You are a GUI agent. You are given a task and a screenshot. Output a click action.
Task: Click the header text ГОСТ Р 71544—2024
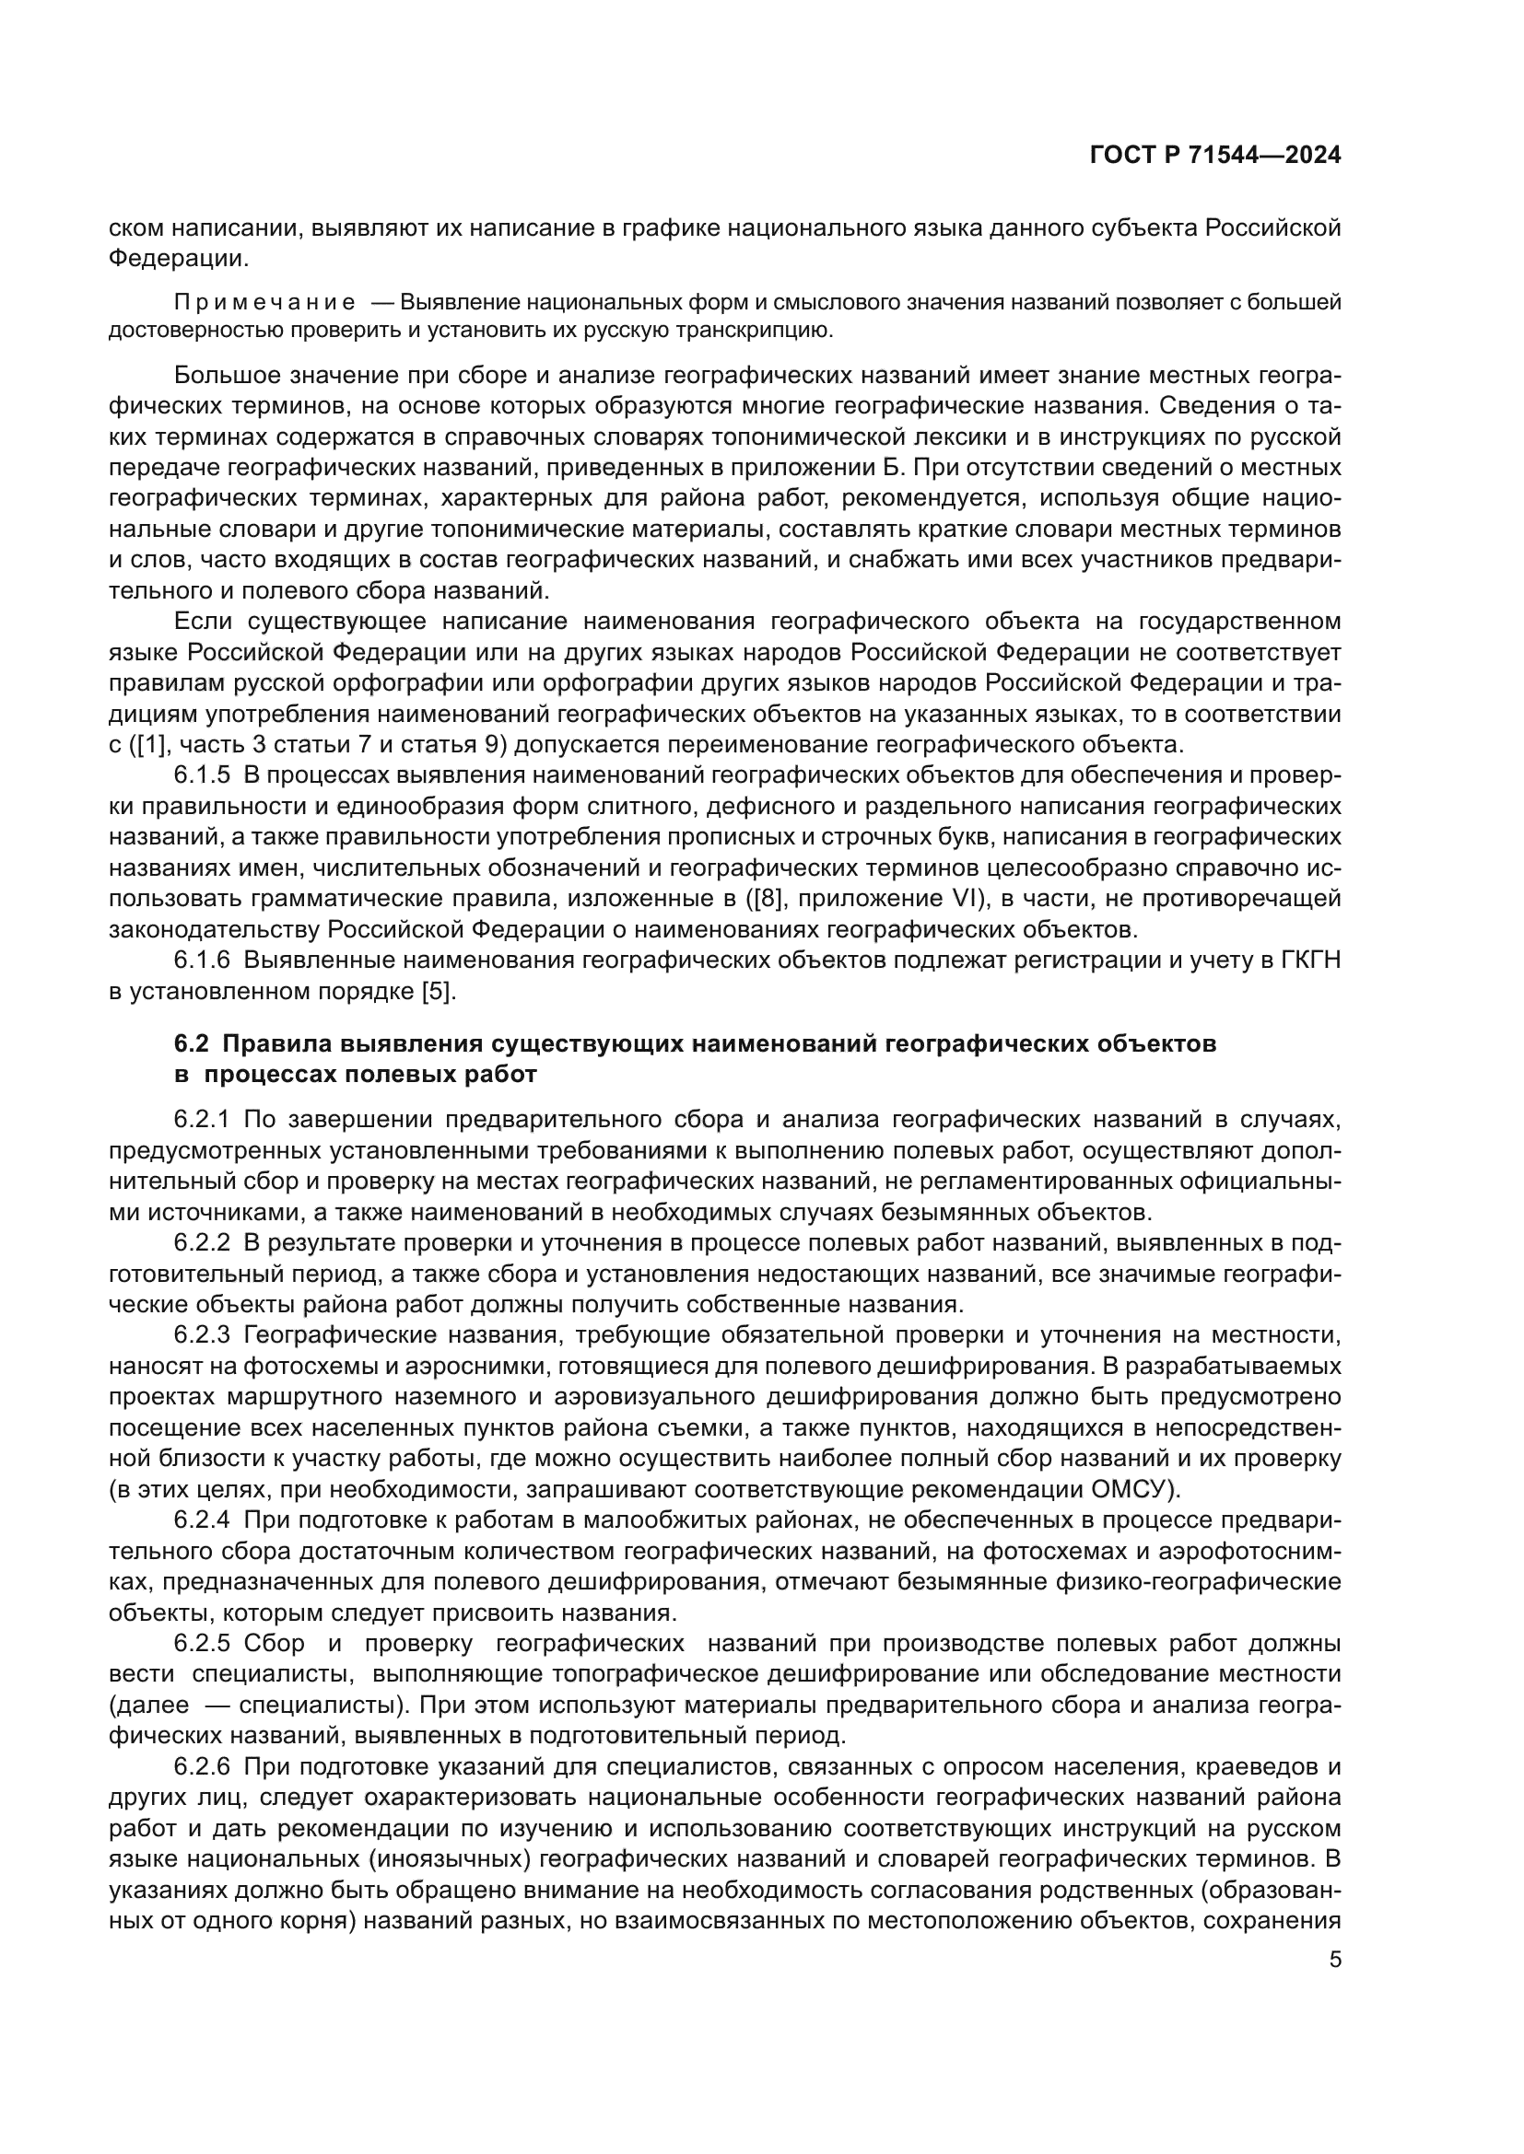tap(1215, 156)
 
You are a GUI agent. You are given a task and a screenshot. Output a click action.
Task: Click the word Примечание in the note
tap(264, 303)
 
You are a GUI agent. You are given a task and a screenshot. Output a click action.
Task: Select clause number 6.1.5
tap(202, 775)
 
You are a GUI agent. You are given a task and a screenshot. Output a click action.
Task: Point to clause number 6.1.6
tap(202, 961)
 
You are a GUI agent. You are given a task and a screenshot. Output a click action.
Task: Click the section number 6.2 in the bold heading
tap(192, 1044)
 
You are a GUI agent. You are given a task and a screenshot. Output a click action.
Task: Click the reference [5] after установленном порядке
tap(439, 992)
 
